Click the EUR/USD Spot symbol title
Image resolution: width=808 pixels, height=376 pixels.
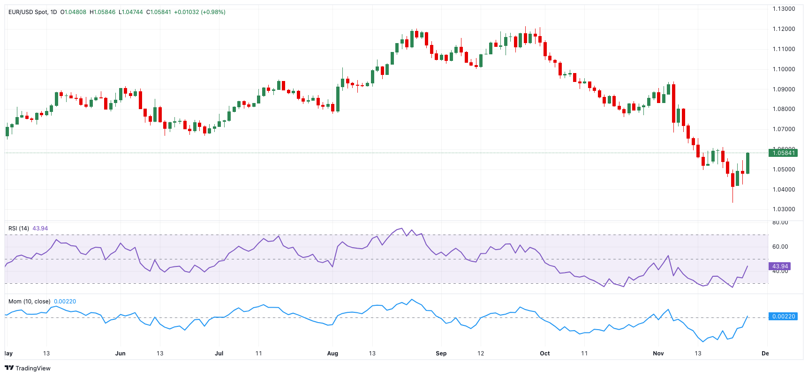click(28, 12)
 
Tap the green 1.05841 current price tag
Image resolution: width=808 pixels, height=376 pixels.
click(783, 153)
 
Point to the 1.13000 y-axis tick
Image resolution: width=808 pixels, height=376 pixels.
click(784, 9)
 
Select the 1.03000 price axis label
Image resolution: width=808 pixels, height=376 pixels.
click(784, 209)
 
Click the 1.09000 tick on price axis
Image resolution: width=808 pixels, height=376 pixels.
click(784, 89)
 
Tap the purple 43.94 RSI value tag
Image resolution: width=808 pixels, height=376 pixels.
click(780, 266)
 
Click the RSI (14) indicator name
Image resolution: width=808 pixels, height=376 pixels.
click(19, 229)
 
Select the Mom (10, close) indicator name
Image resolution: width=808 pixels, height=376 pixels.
click(29, 302)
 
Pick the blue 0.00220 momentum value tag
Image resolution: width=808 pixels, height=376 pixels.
click(783, 317)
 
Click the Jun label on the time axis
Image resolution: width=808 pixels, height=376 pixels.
click(121, 354)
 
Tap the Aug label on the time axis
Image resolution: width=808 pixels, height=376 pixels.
click(332, 354)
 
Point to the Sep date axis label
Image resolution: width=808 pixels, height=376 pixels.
click(441, 354)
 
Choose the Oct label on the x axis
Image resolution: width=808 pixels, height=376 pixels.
click(545, 354)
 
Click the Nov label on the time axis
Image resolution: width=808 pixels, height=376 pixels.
click(658, 354)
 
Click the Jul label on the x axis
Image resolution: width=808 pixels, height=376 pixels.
click(219, 354)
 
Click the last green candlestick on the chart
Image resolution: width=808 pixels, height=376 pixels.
click(748, 163)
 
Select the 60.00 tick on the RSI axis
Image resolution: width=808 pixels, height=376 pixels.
click(780, 247)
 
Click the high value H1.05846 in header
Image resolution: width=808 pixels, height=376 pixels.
click(103, 12)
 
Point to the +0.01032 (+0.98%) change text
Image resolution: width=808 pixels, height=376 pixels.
click(200, 12)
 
